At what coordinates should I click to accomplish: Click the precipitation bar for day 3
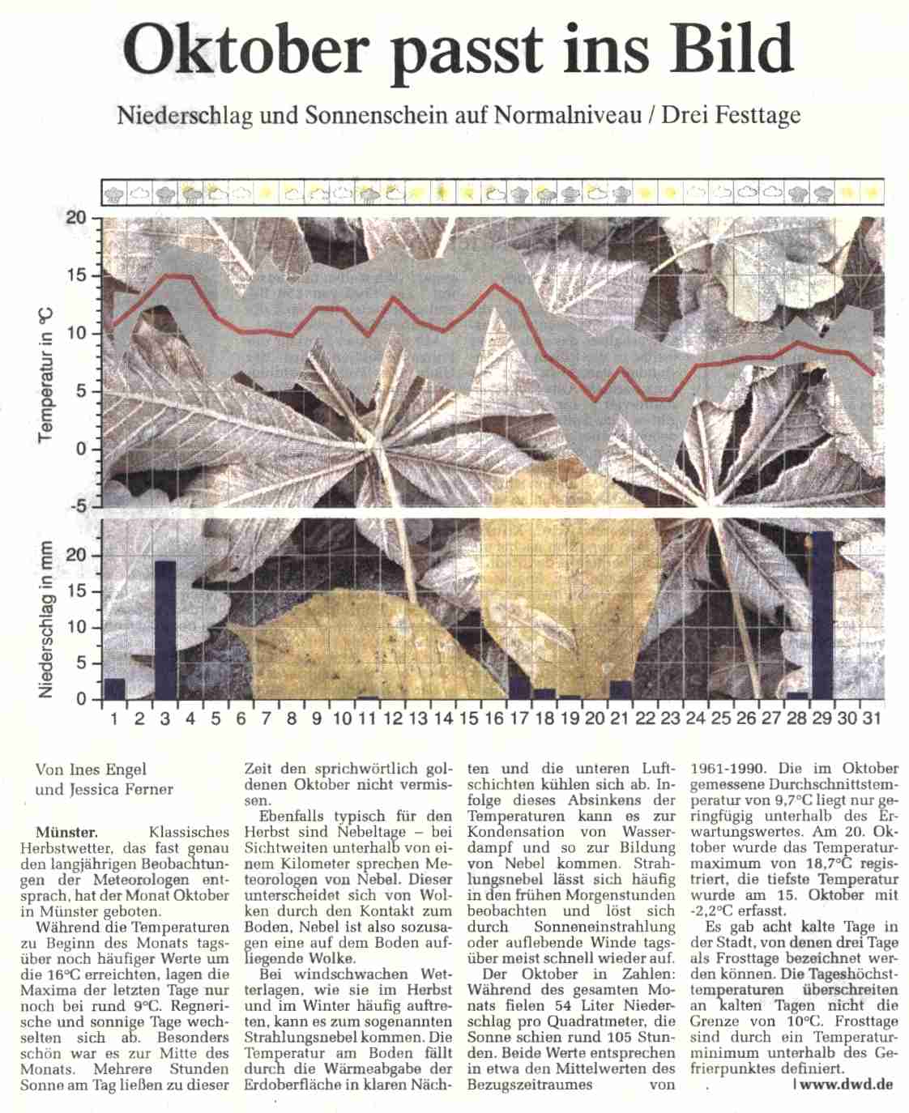[165, 629]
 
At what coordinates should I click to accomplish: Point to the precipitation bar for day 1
[114, 689]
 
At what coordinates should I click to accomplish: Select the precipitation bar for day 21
[620, 689]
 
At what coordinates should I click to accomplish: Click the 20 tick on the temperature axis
[76, 218]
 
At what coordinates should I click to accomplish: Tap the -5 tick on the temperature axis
[76, 507]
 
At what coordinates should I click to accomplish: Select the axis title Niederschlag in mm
[46, 620]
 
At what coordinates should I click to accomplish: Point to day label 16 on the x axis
[493, 719]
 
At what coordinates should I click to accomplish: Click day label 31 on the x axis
[872, 719]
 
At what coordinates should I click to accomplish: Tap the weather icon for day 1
[116, 194]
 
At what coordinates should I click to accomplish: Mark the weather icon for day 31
[872, 194]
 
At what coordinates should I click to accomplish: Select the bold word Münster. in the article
[67, 832]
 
